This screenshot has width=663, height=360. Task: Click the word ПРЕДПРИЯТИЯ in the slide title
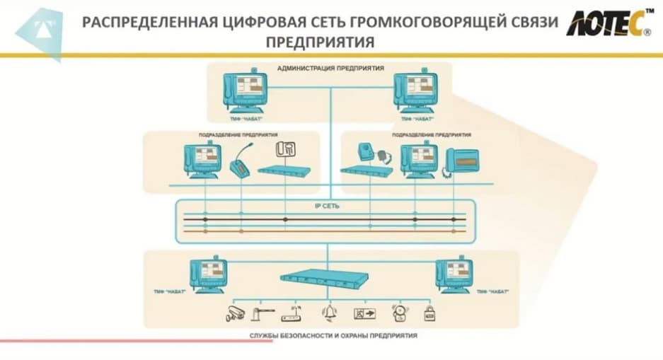[320, 42]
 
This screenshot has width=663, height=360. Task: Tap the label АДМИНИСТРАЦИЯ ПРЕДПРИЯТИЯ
[330, 69]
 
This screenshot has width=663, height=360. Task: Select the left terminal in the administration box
[245, 92]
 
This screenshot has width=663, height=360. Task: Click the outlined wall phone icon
[285, 149]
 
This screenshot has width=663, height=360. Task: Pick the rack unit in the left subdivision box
[285, 170]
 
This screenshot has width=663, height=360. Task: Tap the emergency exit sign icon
[365, 313]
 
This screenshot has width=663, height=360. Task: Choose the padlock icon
[429, 313]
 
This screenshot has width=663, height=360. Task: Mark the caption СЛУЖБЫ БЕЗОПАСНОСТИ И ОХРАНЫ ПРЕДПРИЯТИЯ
[332, 335]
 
